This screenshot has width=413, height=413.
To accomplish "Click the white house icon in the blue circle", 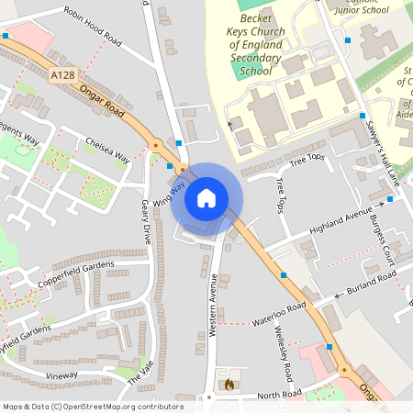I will point(206,197).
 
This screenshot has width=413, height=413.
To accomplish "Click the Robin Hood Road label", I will point(91,27).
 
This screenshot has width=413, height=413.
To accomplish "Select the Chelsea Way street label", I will point(106,151).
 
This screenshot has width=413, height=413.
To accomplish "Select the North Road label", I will point(279,395).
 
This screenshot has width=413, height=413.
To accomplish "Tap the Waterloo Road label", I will point(278,315).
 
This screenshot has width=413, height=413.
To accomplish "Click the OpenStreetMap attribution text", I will point(93,407).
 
